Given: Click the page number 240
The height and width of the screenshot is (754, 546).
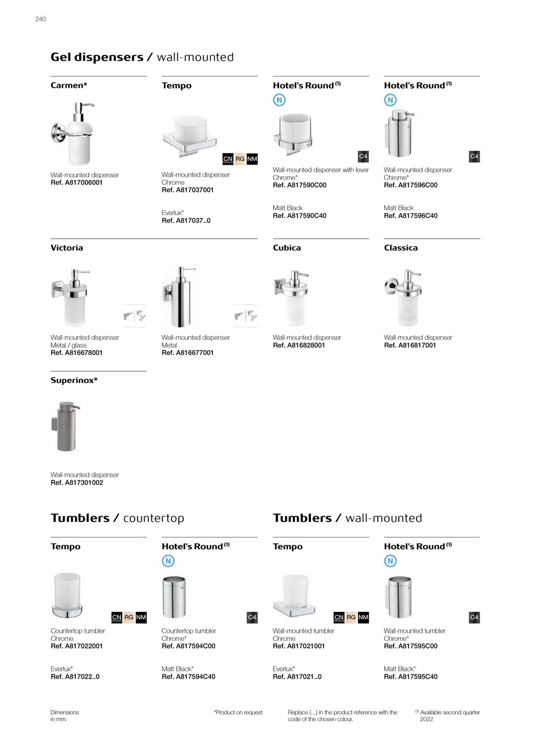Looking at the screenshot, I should pos(40,19).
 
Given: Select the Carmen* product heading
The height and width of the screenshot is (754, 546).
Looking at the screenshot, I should pos(68,86).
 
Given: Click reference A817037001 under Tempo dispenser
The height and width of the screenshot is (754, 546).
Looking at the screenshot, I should pos(188,190).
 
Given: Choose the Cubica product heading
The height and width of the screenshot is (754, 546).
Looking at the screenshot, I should pos(287,248).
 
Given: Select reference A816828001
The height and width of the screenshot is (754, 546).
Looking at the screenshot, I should pos(299,346).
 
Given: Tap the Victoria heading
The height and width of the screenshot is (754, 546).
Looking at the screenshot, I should pos(67,248).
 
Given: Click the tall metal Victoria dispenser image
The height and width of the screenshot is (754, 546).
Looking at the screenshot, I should pos(179,296).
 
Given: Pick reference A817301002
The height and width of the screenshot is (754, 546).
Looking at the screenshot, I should pos(77,483).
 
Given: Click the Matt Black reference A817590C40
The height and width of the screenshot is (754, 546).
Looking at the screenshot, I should pos(299,216).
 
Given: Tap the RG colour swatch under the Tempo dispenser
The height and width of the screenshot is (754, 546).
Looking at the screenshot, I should pos(240,159).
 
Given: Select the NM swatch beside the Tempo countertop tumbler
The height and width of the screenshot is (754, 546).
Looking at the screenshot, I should pos(141,617).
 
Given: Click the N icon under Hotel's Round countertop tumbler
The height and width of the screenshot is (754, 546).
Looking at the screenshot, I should pos(168,561).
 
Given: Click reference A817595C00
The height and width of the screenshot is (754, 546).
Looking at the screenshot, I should pos(410,646).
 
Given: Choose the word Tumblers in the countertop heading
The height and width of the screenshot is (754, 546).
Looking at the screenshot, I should pos(80,518).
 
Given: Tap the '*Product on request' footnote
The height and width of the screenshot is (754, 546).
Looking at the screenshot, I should pos(238,713).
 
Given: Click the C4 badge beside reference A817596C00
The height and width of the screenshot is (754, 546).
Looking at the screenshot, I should pos(474,157).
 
